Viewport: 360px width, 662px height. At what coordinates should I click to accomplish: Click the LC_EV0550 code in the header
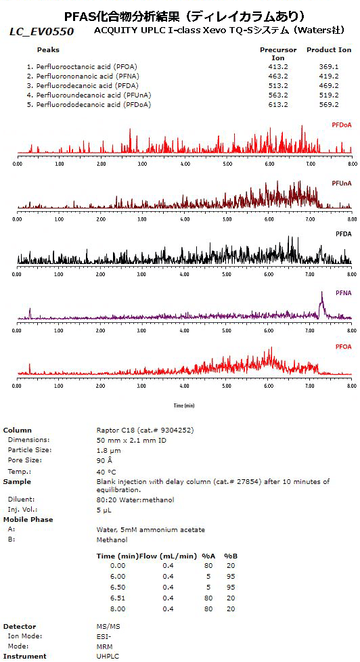41,32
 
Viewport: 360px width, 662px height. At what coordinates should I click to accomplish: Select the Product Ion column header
329,49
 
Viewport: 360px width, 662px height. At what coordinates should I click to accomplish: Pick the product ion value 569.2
329,105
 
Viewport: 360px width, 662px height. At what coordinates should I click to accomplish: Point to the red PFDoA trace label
341,125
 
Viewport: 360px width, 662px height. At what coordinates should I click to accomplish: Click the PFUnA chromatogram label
341,183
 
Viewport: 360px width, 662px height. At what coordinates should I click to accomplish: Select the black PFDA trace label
343,234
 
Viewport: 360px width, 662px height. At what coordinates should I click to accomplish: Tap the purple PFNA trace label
343,292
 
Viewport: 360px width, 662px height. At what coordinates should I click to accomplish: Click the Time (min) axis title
183,405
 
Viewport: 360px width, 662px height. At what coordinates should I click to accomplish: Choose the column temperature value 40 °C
107,471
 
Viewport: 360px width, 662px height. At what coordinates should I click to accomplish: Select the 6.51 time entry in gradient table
118,598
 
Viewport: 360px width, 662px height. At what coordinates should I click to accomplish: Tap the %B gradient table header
231,556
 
